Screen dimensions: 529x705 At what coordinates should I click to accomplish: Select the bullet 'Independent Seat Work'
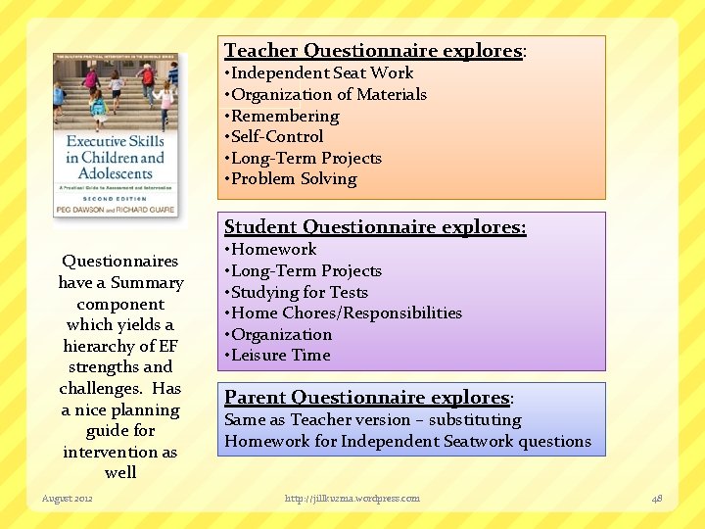(321, 73)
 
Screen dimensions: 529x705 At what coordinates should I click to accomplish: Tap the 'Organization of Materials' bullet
(327, 95)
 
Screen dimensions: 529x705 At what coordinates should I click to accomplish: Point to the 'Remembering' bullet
(283, 116)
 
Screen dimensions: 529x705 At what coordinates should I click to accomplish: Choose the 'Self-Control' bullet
(275, 137)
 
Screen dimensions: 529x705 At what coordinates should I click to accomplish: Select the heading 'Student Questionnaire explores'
(375, 227)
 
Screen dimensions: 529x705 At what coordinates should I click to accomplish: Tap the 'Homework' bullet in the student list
(272, 250)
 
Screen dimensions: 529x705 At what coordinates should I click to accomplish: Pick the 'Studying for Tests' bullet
(298, 292)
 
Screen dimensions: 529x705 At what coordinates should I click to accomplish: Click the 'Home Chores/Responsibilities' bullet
(345, 313)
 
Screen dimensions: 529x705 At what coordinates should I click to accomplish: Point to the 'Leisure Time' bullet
(279, 356)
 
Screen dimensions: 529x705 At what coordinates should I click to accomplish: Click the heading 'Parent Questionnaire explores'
(368, 398)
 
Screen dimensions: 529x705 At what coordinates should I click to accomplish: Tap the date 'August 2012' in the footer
(68, 499)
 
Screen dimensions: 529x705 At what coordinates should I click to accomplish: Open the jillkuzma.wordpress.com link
(352, 499)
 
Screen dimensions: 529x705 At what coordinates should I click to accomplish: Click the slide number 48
(657, 499)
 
